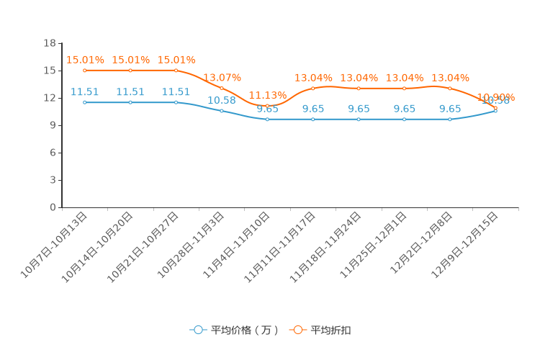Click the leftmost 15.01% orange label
click(85, 60)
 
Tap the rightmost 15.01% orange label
click(176, 60)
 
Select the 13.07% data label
click(222, 77)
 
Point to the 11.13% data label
click(268, 95)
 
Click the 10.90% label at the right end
click(496, 97)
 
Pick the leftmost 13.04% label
click(313, 77)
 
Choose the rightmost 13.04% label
click(450, 77)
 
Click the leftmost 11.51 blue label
click(85, 92)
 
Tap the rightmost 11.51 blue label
click(176, 92)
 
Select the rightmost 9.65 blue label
click(450, 109)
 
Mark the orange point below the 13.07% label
click(222, 88)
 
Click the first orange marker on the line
click(85, 71)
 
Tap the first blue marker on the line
click(85, 102)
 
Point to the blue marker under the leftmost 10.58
click(222, 111)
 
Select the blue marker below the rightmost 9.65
click(450, 119)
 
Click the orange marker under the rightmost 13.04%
click(450, 88)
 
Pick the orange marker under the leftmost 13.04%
click(313, 88)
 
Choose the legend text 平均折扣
click(331, 330)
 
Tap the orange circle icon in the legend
click(297, 330)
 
